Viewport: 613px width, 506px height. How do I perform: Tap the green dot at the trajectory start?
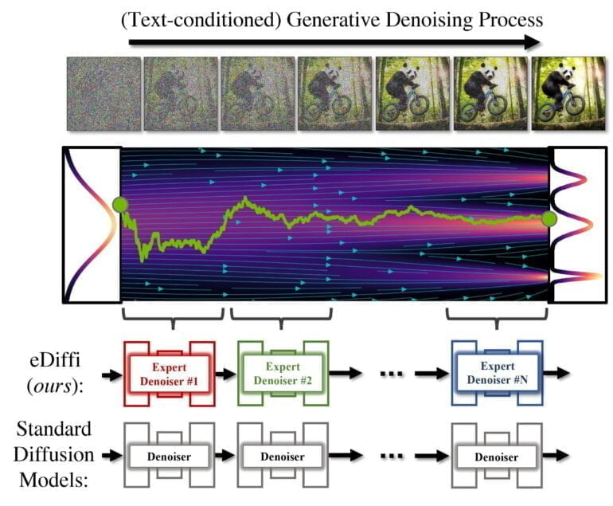click(x=119, y=205)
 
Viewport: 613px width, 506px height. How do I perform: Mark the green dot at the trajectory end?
click(x=549, y=218)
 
